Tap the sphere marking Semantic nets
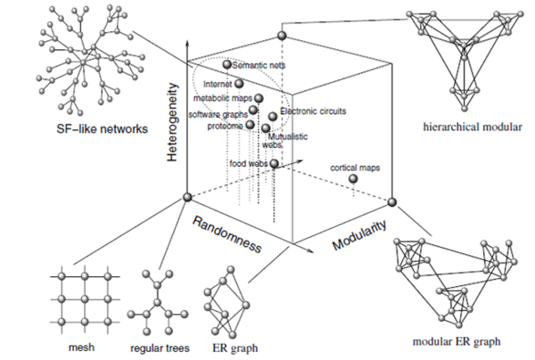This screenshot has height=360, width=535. point(227,64)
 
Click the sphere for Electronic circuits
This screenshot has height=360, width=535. point(273,117)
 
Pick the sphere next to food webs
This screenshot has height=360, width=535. point(275,164)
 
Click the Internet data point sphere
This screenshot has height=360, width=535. point(238,84)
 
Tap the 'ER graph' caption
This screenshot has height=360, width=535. point(229,344)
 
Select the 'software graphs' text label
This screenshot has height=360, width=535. point(218,114)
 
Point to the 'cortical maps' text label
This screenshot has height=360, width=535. point(354,167)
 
